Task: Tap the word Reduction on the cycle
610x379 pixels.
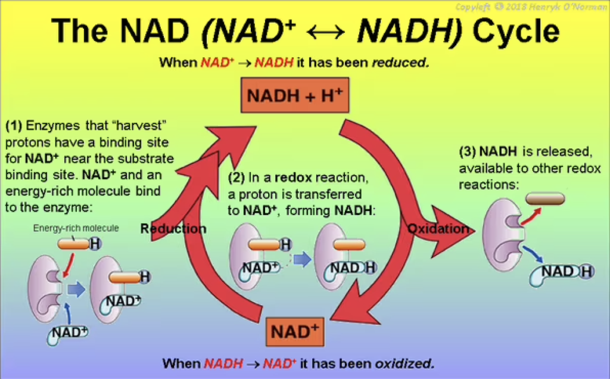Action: [x=173, y=229]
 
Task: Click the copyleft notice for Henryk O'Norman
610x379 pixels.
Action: [x=531, y=7]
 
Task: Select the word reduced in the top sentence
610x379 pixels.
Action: [x=400, y=62]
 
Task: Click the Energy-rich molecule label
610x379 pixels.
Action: [x=76, y=228]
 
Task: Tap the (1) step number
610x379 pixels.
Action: [x=13, y=126]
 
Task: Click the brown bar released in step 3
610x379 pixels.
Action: [x=544, y=198]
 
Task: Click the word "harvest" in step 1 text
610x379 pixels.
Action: [x=142, y=126]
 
